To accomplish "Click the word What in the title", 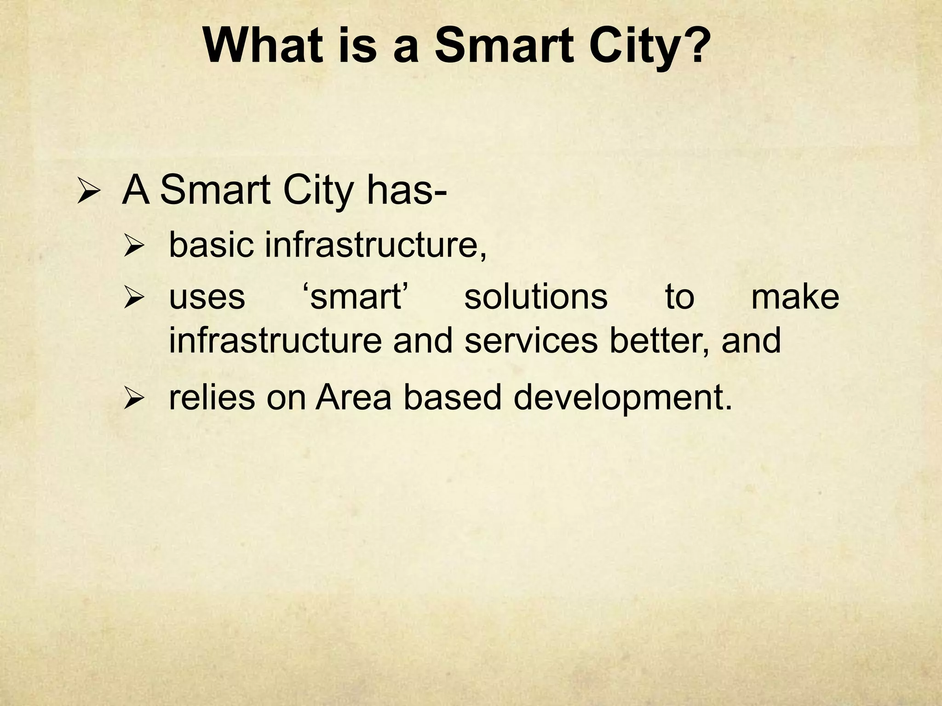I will (263, 46).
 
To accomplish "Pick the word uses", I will (207, 298).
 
